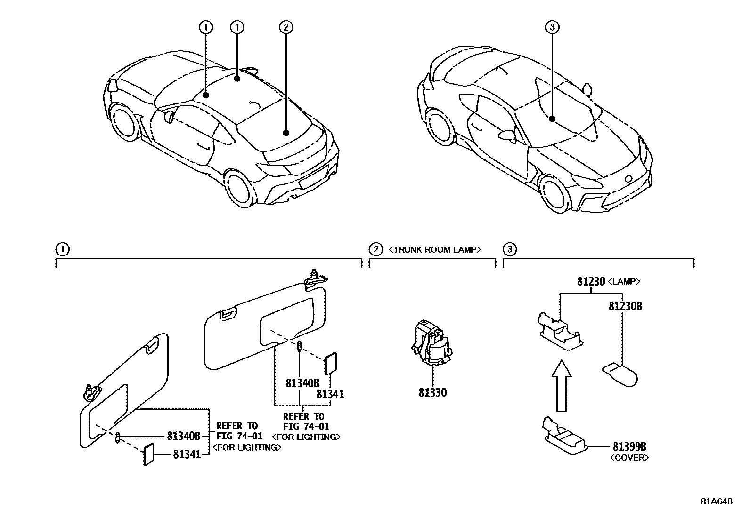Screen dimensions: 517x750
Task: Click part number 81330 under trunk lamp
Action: tap(432, 393)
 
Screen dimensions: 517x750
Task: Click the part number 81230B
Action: tap(625, 306)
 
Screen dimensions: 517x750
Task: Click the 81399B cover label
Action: tap(629, 446)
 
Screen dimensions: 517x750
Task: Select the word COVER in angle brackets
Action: tap(629, 457)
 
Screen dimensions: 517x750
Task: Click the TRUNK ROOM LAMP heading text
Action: tap(434, 250)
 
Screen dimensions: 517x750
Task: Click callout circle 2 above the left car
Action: tap(285, 27)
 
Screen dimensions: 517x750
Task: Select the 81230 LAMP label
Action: tap(608, 282)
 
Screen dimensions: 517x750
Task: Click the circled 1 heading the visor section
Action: tap(62, 249)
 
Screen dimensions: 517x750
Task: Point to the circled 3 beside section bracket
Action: tap(510, 249)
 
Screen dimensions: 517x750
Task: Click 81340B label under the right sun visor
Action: tap(302, 383)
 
